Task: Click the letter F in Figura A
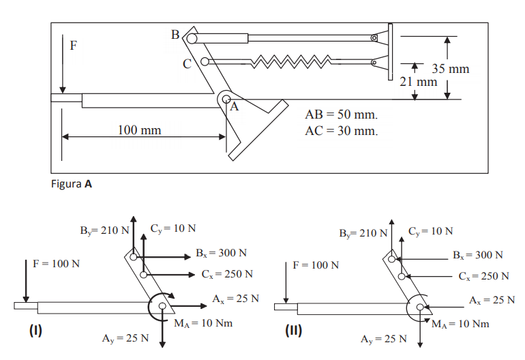74,46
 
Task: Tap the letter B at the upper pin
175,33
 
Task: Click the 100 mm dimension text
140,130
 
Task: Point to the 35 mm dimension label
451,69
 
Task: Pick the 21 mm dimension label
418,82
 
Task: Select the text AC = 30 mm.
341,130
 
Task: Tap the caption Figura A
72,183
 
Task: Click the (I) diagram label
35,331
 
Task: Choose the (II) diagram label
293,331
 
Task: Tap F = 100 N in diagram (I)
57,263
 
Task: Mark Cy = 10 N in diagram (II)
430,230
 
